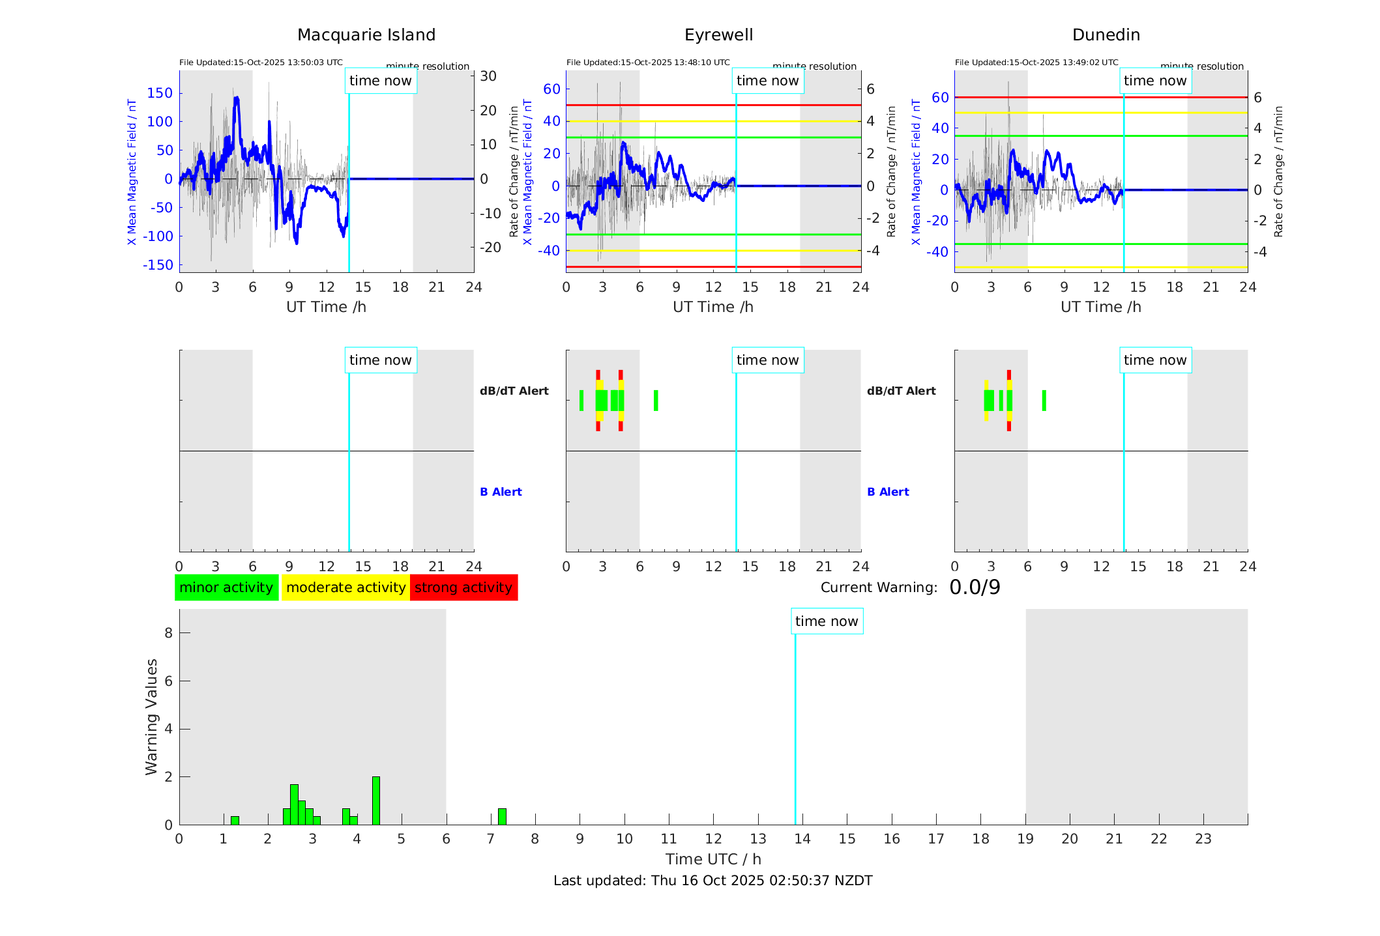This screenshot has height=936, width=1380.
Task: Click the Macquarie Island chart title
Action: click(x=366, y=35)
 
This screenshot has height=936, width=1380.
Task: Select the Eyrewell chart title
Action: click(x=718, y=35)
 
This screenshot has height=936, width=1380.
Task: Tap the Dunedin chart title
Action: click(x=1106, y=35)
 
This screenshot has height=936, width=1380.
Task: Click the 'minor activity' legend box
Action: click(x=226, y=588)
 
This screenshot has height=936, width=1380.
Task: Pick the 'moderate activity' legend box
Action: click(x=345, y=588)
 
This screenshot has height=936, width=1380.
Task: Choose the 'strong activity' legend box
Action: click(x=463, y=588)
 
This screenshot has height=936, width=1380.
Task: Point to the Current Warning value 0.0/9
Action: click(x=975, y=588)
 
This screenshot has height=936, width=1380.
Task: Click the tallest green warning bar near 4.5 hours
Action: click(x=375, y=801)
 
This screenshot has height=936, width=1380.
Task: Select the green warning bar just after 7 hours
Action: click(x=502, y=817)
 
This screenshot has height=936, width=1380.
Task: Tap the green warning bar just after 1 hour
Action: click(x=235, y=821)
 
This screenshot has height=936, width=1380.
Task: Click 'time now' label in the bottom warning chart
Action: click(x=827, y=621)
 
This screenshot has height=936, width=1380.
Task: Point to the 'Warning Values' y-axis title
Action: click(x=151, y=716)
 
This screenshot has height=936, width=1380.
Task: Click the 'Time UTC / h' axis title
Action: click(x=713, y=859)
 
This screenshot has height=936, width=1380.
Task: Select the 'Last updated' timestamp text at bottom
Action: click(x=712, y=881)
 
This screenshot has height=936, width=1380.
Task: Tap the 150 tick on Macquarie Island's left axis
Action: click(x=160, y=93)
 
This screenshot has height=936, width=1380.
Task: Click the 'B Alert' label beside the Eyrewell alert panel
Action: click(x=501, y=492)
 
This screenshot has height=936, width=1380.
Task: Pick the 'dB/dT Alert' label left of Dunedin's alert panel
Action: click(x=901, y=391)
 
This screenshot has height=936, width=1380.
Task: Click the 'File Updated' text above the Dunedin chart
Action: click(x=1036, y=63)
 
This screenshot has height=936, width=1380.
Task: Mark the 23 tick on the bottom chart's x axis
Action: click(x=1203, y=839)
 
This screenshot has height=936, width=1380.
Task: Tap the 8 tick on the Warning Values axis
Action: click(x=168, y=632)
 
